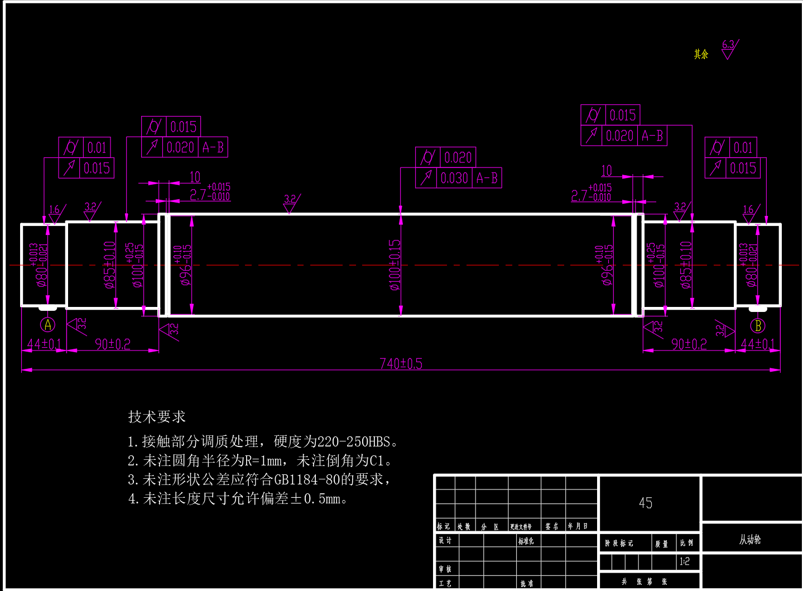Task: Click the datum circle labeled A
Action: (48, 325)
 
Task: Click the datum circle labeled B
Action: (757, 325)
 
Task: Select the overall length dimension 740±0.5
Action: (401, 364)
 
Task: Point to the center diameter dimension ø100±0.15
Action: (395, 265)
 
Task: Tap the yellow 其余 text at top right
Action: (701, 54)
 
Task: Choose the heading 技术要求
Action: (157, 417)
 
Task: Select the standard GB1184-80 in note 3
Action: (306, 479)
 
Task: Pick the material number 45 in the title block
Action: (646, 503)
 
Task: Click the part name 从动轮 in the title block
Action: (750, 540)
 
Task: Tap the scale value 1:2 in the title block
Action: (684, 561)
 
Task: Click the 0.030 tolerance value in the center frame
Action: (454, 179)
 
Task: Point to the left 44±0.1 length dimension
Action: (44, 344)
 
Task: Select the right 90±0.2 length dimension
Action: (689, 344)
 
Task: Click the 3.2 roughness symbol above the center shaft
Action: (290, 203)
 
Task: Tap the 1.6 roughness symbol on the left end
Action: (55, 214)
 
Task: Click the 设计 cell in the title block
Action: (445, 540)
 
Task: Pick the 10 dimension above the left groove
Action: (195, 177)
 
